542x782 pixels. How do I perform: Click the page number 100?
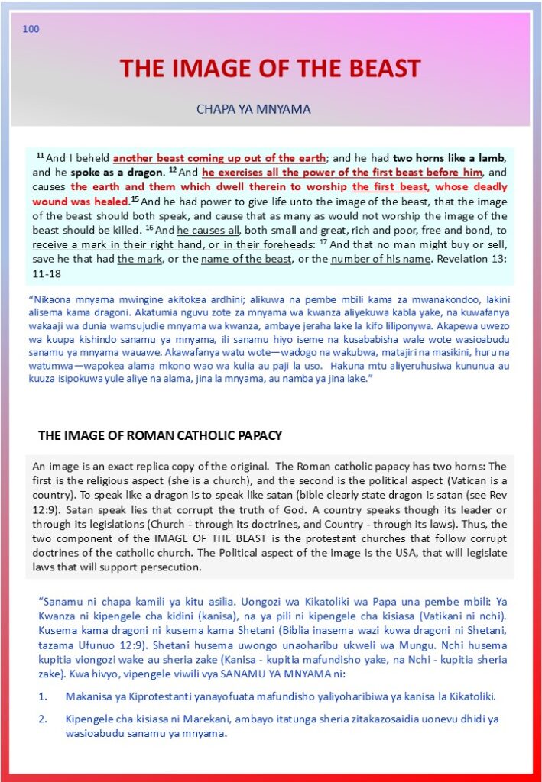pos(31,29)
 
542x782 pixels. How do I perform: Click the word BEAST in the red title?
pos(380,69)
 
